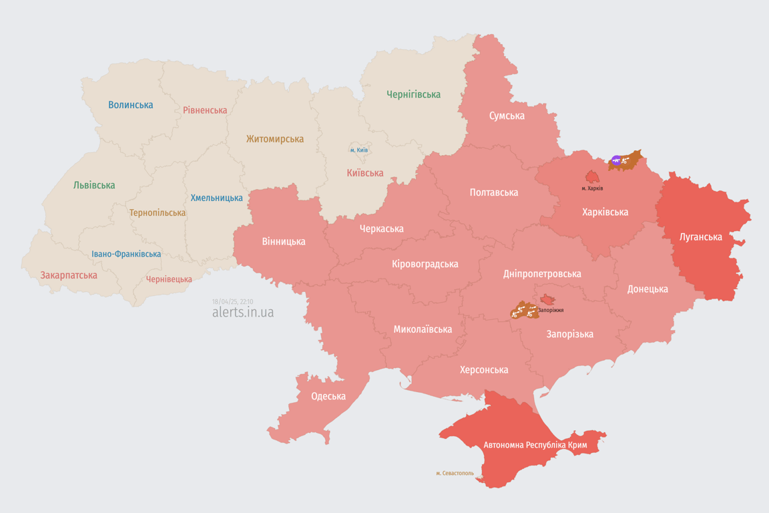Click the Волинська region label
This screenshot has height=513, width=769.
point(131,105)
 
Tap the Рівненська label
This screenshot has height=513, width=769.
point(205,110)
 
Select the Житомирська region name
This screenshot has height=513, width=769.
point(274,139)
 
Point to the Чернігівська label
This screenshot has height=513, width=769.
point(413,95)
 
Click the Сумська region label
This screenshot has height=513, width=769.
point(507,116)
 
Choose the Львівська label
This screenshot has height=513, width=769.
point(94,185)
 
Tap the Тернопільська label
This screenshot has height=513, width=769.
point(158,213)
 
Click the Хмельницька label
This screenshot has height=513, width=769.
point(216,198)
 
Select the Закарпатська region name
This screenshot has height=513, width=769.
point(69,275)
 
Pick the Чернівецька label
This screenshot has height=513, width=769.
point(169,279)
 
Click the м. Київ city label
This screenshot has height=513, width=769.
point(359,150)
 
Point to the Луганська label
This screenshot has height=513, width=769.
point(700,236)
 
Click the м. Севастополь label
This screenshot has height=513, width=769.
point(455,474)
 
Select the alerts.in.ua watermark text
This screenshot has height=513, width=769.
point(243,313)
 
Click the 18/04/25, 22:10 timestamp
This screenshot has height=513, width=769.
point(232,302)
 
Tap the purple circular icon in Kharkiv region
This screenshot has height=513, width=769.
point(616,160)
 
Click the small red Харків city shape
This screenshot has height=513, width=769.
point(592,177)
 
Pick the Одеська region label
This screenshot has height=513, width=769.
point(328,396)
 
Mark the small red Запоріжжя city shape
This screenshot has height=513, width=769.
point(547,300)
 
